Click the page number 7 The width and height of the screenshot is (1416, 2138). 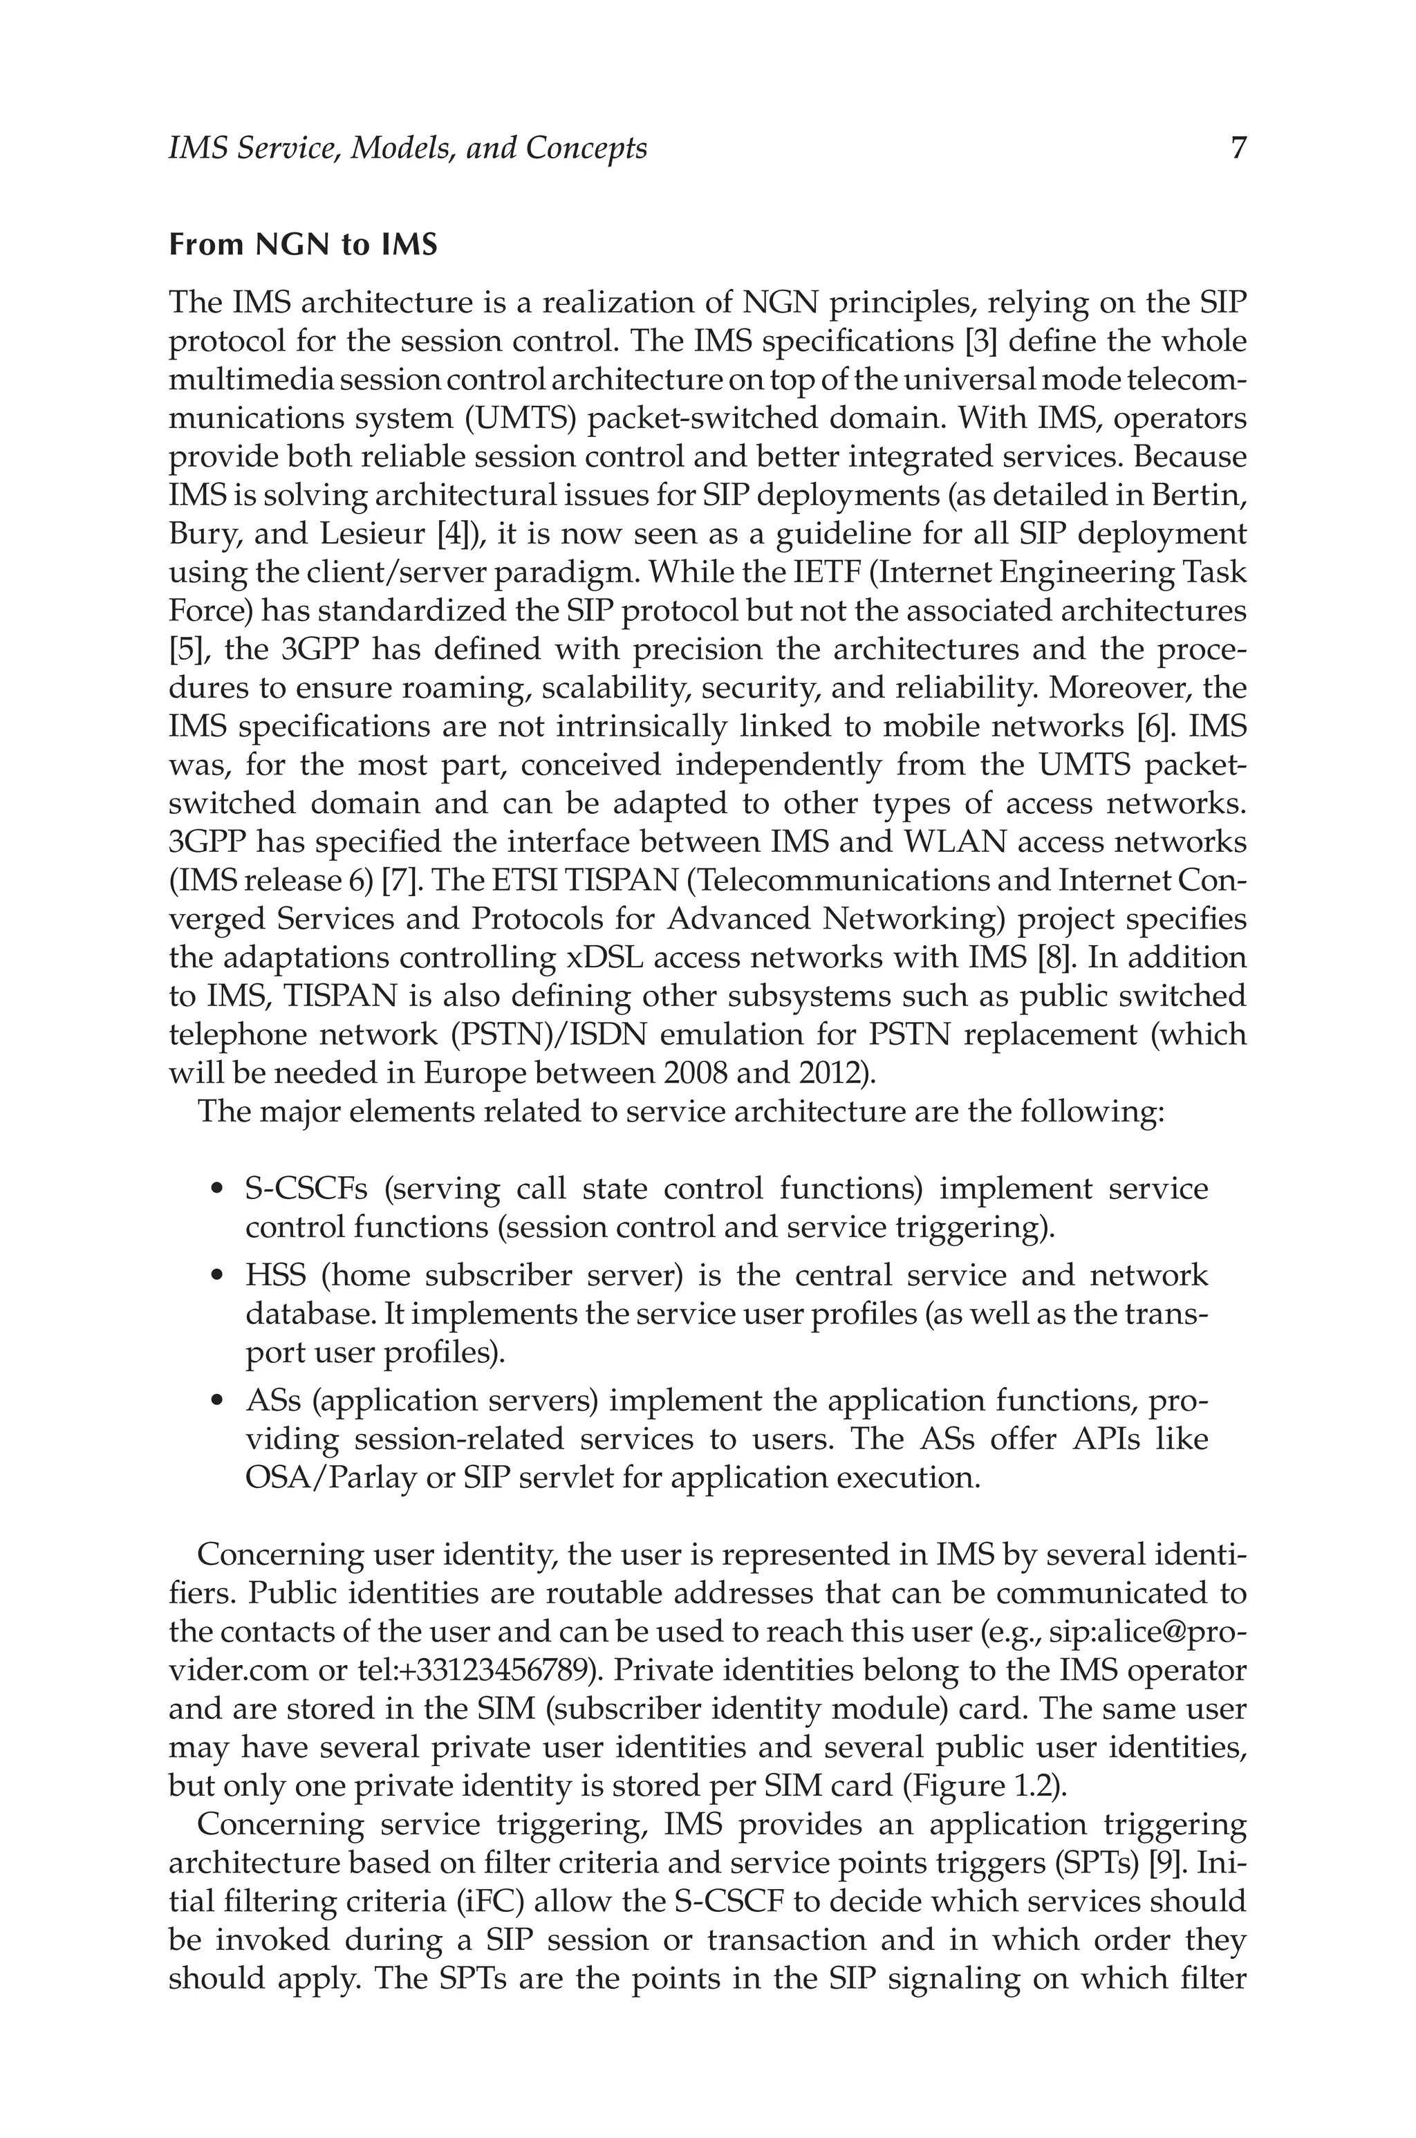[x=1238, y=148]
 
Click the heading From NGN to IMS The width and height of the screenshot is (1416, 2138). [x=303, y=245]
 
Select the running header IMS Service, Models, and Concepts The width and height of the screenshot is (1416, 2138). [x=407, y=148]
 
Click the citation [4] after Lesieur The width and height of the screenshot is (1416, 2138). [x=457, y=534]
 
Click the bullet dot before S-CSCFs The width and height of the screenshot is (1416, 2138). [x=216, y=1190]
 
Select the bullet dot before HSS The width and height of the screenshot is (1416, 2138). [x=216, y=1276]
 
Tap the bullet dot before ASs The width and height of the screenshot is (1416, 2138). [x=216, y=1402]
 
